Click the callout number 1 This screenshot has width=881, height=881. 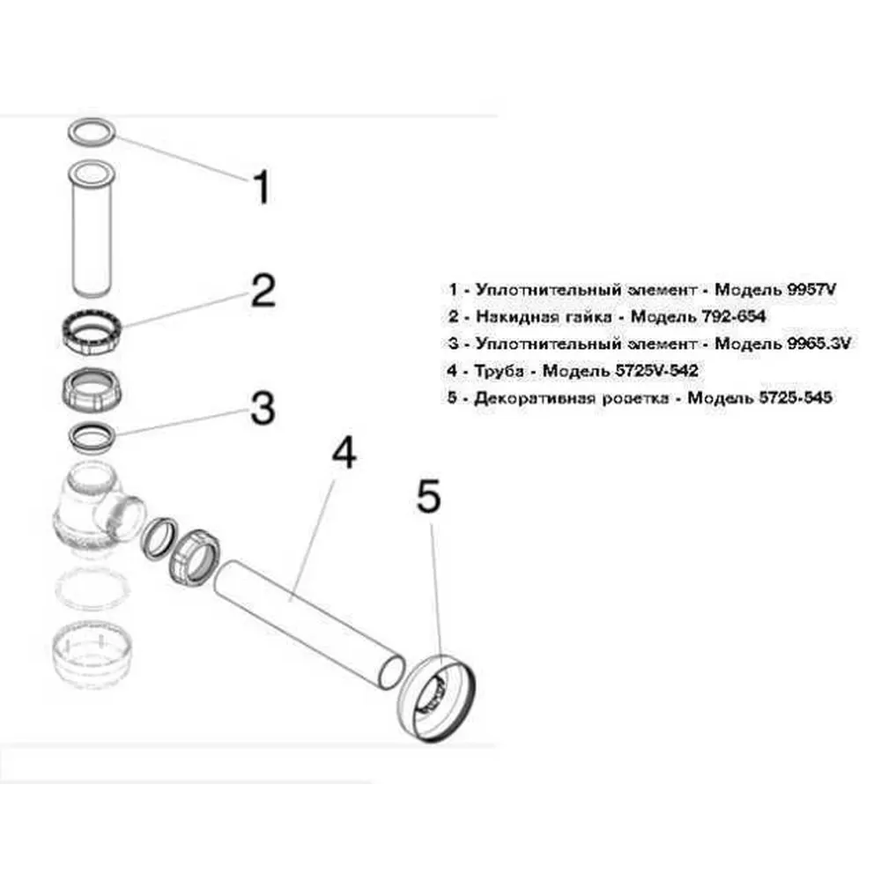click(262, 187)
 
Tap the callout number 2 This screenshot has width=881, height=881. click(263, 291)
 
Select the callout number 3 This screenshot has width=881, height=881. click(263, 409)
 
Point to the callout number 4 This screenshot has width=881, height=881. click(344, 453)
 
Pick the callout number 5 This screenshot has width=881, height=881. click(429, 496)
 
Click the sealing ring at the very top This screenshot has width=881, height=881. click(93, 122)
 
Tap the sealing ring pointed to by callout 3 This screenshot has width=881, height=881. click(92, 430)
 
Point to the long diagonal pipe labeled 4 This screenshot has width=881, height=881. click(309, 624)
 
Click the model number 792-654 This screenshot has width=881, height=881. click(733, 316)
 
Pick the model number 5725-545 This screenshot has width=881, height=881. click(795, 398)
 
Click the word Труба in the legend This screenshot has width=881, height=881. click(499, 372)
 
